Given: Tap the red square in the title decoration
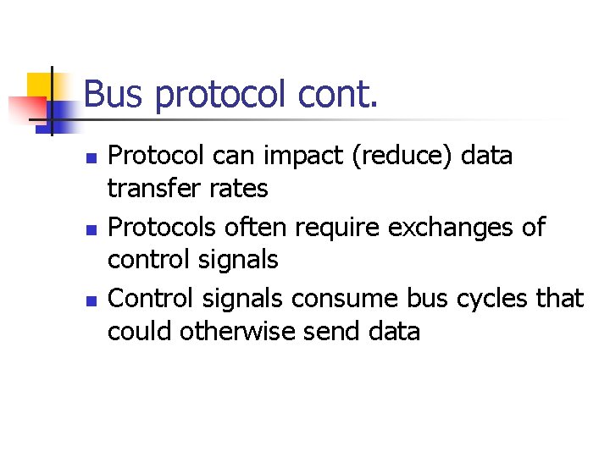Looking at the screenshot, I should pyautogui.click(x=25, y=108).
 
